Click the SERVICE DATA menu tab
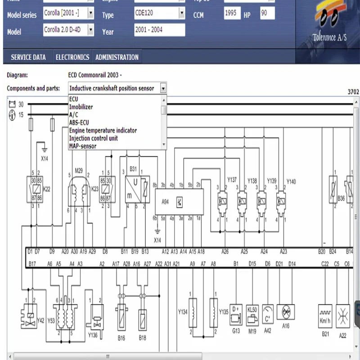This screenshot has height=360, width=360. click(x=28, y=57)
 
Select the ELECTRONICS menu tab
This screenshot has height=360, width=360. click(x=72, y=57)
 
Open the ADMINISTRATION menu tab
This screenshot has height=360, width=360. click(x=117, y=57)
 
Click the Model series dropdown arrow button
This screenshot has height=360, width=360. click(x=91, y=14)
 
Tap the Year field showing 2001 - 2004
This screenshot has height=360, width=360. click(x=159, y=30)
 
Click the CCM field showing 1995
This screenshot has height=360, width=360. click(x=232, y=13)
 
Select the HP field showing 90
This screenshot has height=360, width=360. click(x=267, y=13)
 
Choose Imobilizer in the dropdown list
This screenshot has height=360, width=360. click(x=81, y=107)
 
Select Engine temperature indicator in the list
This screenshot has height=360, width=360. click(x=103, y=130)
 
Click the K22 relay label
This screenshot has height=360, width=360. click(x=46, y=189)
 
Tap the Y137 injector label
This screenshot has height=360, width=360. click(x=232, y=180)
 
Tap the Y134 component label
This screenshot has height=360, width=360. click(x=182, y=311)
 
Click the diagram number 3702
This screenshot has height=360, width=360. click(x=353, y=92)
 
